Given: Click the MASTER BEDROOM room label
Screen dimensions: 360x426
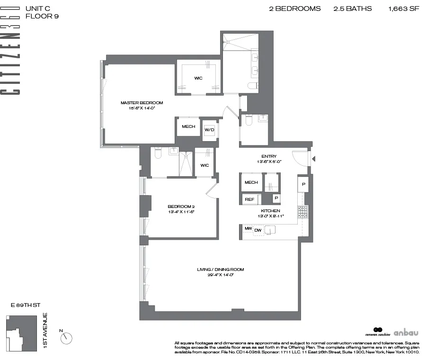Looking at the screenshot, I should (x=142, y=103).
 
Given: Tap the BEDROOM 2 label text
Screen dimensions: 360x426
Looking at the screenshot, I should (x=181, y=207).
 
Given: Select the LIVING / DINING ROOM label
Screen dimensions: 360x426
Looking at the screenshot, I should (x=221, y=270).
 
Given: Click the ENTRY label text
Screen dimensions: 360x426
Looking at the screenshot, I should (x=269, y=157).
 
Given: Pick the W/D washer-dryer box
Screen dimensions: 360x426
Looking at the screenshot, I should (x=209, y=129).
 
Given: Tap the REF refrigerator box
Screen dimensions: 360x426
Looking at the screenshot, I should (x=249, y=200).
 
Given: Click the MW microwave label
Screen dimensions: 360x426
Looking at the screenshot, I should (x=248, y=229).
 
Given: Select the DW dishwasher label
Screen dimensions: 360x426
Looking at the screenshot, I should (x=258, y=231).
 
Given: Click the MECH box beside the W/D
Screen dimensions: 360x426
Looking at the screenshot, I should (x=188, y=126).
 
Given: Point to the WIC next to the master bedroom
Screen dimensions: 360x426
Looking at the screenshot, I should (x=198, y=78).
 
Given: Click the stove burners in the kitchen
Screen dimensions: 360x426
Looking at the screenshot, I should (x=303, y=212).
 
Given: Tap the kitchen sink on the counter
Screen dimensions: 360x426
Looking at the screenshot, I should (x=270, y=230).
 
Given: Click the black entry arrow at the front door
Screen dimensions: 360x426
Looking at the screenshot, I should (x=313, y=159).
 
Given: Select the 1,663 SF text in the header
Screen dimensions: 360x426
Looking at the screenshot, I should (x=404, y=9).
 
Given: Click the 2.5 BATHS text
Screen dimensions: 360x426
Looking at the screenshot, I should (x=354, y=9).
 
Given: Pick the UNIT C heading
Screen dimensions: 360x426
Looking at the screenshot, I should (x=50, y=9).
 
